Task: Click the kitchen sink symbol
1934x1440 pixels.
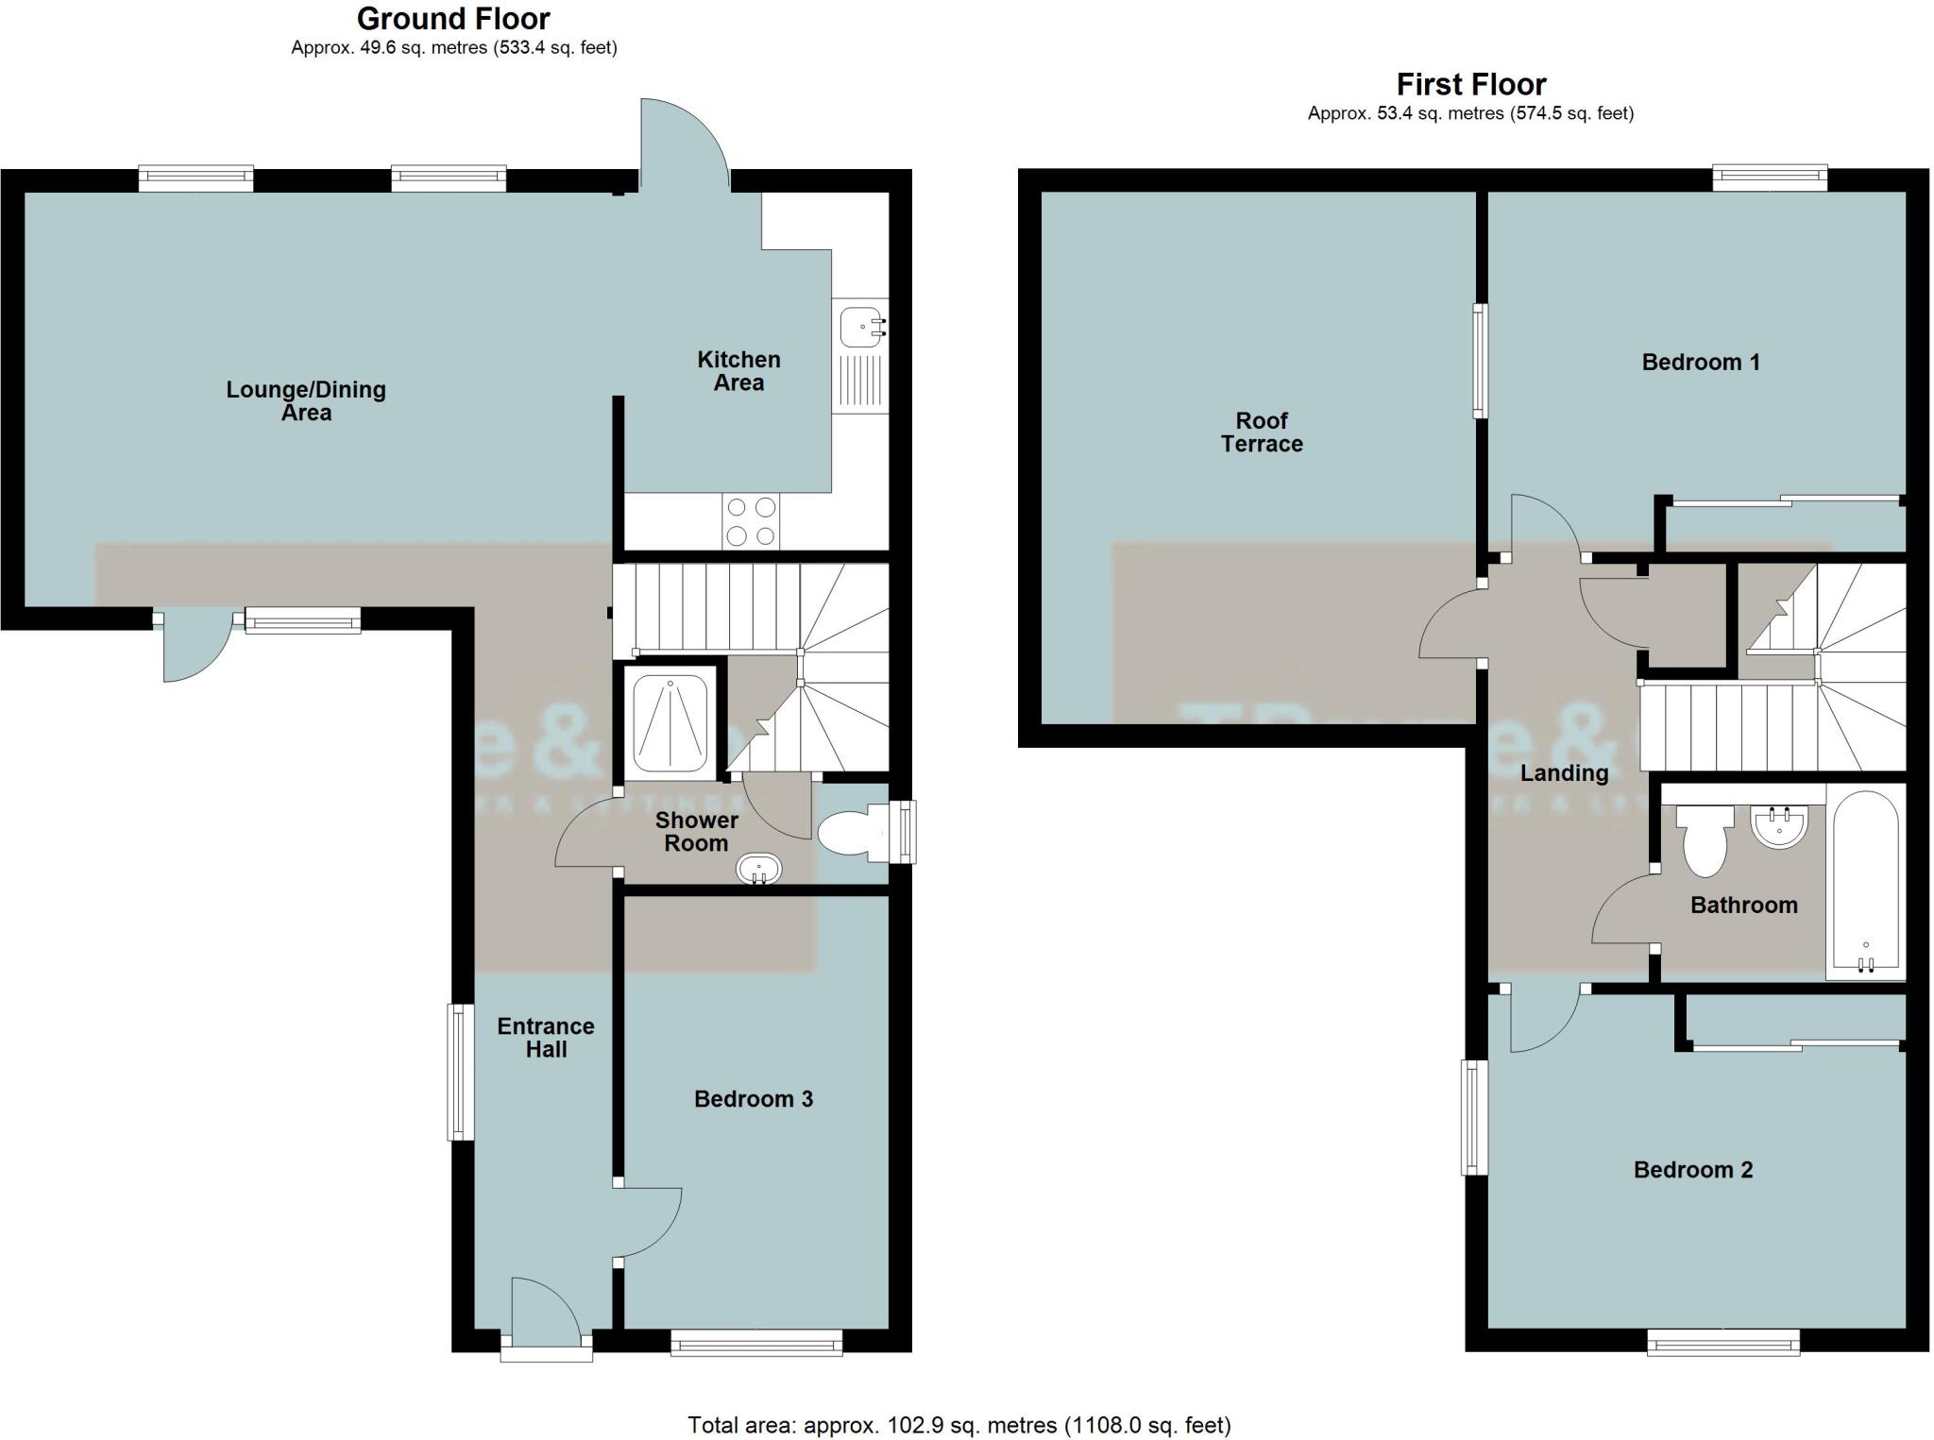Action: point(860,326)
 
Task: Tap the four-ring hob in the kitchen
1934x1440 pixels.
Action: point(752,521)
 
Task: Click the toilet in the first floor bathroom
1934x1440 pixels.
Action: point(1705,838)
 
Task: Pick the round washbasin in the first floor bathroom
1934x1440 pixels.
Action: point(1780,826)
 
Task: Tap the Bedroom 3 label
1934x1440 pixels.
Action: point(753,1099)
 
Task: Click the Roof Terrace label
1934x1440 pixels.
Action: point(1262,432)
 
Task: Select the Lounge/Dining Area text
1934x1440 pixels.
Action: point(306,401)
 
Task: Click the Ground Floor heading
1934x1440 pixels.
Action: point(453,19)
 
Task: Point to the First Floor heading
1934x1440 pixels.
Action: point(1470,85)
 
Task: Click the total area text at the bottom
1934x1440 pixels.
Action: point(959,1425)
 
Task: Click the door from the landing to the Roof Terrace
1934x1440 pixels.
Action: point(1450,623)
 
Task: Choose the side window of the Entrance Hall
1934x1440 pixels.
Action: point(460,1072)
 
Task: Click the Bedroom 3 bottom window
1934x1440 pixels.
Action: point(755,1343)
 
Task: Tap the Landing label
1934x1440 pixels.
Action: point(1564,773)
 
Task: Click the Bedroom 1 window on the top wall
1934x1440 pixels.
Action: point(1770,178)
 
